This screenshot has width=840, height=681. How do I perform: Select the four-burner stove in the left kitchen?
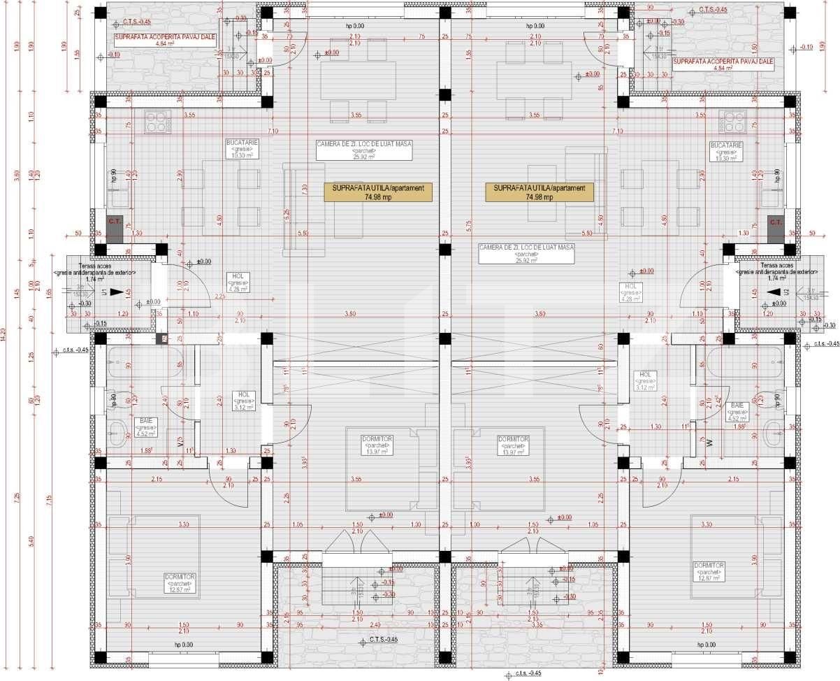(x=158, y=122)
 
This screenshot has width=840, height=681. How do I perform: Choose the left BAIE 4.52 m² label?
(x=147, y=426)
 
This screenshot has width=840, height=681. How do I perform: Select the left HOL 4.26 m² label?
(x=235, y=282)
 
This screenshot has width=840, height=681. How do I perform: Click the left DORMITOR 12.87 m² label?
(x=180, y=582)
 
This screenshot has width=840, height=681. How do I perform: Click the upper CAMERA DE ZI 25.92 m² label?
(x=364, y=150)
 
